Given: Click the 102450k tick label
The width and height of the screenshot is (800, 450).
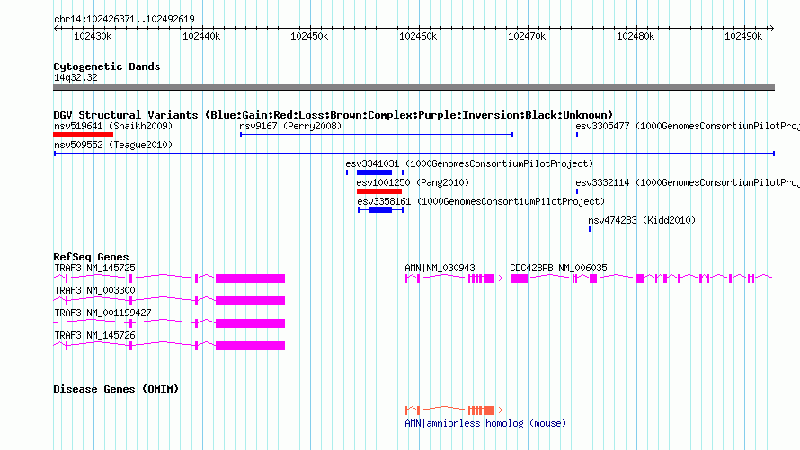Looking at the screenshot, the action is click(309, 36).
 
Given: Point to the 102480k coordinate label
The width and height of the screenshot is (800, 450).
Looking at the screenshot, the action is click(636, 36).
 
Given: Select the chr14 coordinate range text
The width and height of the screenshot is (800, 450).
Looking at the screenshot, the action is click(124, 20).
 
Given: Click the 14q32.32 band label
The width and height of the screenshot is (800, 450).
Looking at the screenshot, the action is click(76, 77).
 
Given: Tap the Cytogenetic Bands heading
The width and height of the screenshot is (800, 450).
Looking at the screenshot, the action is click(107, 66).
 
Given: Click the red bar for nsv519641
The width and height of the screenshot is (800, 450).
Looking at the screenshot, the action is click(84, 135).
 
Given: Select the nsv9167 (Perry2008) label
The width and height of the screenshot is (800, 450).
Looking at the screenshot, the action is click(290, 126).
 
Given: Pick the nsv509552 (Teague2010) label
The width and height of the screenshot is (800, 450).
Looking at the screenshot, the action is click(113, 145).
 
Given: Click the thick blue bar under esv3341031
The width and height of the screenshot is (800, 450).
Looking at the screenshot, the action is click(374, 172).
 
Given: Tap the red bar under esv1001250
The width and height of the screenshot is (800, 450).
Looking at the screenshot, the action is click(379, 191).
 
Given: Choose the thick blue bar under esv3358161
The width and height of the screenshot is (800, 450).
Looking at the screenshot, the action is click(380, 210).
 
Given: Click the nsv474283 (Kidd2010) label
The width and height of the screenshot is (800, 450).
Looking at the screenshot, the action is click(642, 220).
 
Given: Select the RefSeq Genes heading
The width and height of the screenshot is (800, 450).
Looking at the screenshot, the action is click(91, 257).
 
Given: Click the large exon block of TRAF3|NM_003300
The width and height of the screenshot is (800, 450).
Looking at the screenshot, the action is click(250, 301).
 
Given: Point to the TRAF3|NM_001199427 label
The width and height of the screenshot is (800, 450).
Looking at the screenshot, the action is click(102, 313).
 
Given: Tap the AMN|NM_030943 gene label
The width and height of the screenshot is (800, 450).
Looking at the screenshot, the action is click(440, 268).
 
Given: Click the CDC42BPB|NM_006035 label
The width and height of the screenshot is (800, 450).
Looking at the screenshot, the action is click(559, 268).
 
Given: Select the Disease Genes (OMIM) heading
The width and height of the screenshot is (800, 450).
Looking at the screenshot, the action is click(116, 389).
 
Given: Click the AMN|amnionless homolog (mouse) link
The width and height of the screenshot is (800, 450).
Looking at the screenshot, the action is click(485, 423).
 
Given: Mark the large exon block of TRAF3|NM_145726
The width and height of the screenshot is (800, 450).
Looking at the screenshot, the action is click(250, 346).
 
